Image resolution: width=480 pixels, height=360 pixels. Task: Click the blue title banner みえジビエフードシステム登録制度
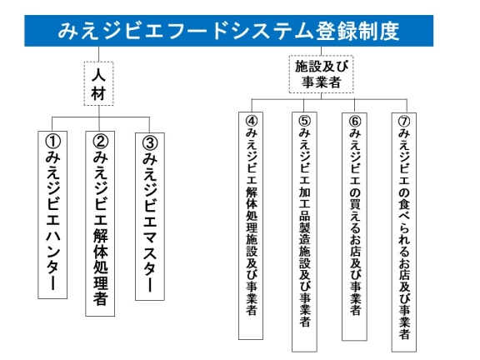point(228,31)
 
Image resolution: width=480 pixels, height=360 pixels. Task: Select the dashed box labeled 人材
point(99,83)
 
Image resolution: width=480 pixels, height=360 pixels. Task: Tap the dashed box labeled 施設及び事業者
point(321,74)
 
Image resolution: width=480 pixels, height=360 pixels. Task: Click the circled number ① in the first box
point(52,142)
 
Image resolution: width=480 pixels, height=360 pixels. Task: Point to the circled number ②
point(100,142)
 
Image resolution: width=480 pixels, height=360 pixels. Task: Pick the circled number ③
point(150,143)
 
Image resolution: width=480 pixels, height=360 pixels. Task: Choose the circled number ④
point(252,121)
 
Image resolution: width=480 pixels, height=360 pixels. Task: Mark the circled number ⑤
point(304,121)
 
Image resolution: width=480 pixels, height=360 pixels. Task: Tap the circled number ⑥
point(355,122)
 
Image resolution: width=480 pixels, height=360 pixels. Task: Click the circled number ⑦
point(404,122)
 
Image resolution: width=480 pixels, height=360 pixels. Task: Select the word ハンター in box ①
point(52,259)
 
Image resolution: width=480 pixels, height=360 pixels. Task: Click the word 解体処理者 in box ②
point(100,267)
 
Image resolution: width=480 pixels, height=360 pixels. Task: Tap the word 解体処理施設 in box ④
point(252,220)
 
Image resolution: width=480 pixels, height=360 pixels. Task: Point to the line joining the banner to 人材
point(98,54)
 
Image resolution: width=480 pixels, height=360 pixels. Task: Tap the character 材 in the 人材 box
point(98,93)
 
